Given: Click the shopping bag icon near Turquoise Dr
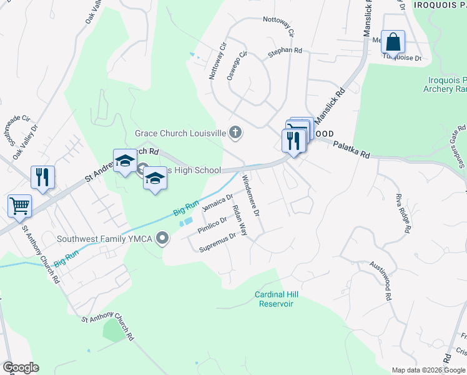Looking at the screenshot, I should click(x=393, y=42).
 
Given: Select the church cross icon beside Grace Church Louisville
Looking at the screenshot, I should click(x=235, y=132).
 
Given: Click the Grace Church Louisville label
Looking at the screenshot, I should click(x=180, y=133).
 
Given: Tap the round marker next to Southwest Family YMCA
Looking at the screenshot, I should click(x=164, y=237).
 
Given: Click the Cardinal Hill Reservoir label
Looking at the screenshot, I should click(x=274, y=299).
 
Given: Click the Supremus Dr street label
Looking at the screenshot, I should click(x=217, y=242).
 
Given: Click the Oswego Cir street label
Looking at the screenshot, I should click(x=237, y=62).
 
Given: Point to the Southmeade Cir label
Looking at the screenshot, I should click(x=17, y=127).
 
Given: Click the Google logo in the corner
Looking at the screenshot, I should click(x=21, y=367).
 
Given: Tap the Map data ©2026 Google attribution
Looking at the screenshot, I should click(x=428, y=370).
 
